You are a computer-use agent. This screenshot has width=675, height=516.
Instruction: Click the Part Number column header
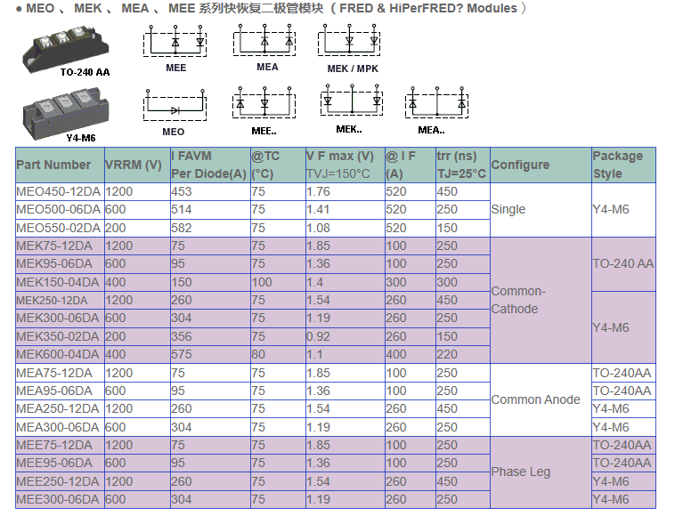(x=53, y=165)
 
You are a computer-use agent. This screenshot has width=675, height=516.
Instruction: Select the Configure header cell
(x=520, y=165)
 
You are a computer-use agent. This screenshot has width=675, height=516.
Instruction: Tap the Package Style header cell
(x=618, y=165)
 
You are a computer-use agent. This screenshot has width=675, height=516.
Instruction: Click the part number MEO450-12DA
(x=54, y=191)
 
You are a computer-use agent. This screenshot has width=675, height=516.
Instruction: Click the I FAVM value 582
(x=182, y=228)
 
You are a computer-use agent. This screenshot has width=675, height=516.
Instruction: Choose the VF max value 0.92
(x=318, y=336)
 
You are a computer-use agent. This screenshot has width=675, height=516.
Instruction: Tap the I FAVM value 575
(x=182, y=354)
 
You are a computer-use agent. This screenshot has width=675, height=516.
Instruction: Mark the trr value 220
(x=447, y=354)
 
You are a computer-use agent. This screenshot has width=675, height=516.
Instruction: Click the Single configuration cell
(x=508, y=209)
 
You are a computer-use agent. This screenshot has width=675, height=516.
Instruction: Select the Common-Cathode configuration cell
(x=518, y=300)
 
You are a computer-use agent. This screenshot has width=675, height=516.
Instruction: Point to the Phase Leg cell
(x=521, y=472)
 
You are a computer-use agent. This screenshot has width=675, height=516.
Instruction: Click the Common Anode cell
(x=536, y=399)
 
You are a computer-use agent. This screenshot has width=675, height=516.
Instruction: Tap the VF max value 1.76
(x=318, y=191)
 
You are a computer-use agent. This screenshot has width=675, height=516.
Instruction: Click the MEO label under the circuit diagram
(x=175, y=132)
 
